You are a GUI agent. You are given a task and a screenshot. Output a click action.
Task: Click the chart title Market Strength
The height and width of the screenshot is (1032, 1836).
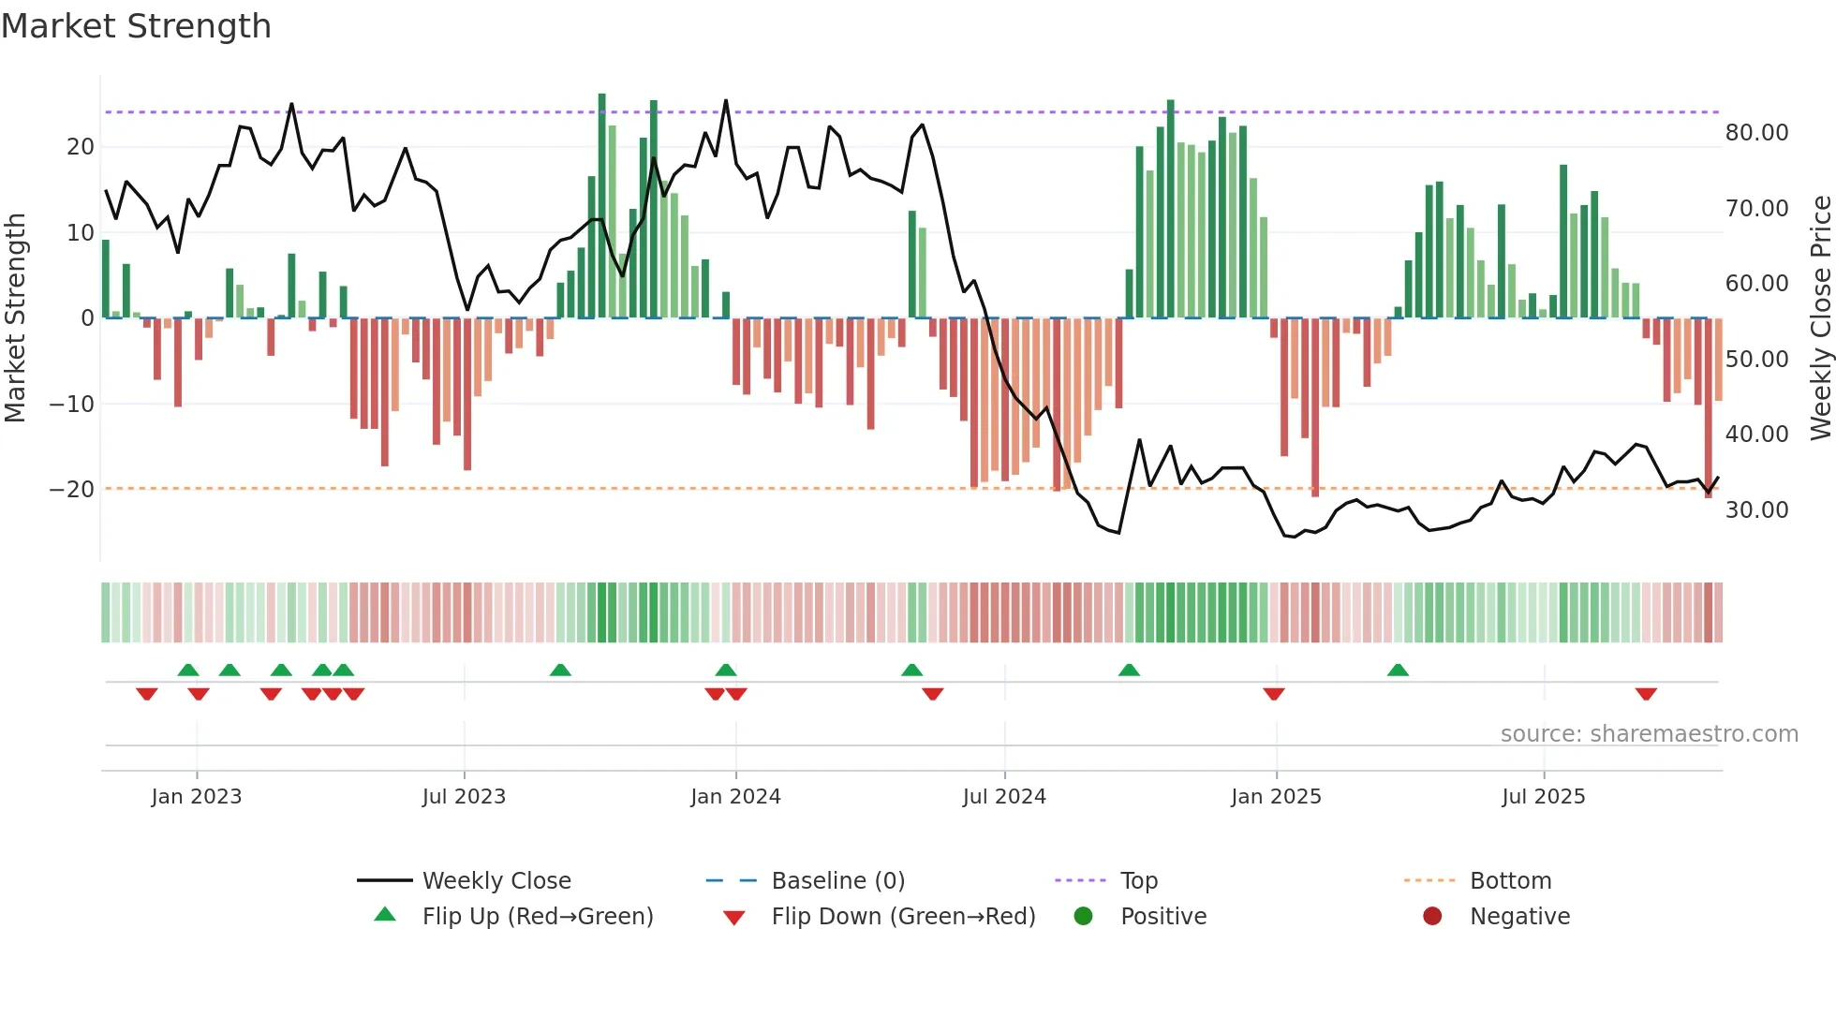[x=136, y=26]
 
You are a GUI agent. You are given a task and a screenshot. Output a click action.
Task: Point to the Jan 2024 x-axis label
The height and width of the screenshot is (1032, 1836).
[x=735, y=796]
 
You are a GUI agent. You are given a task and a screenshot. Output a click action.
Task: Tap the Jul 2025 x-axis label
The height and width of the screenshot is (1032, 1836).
[x=1543, y=796]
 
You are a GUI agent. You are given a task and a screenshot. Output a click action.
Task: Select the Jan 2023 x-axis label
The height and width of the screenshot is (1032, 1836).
[x=196, y=796]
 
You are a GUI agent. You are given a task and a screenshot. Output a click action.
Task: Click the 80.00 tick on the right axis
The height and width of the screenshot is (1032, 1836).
[x=1756, y=133]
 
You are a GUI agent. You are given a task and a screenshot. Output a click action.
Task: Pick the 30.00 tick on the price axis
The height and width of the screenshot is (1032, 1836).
[x=1756, y=510]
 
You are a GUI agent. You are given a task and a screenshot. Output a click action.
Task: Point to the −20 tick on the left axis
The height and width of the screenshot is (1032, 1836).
[x=72, y=490]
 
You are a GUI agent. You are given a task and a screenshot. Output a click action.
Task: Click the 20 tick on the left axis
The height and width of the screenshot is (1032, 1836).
[x=80, y=147]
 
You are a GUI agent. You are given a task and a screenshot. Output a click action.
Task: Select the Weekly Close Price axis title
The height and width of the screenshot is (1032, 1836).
[x=1820, y=318]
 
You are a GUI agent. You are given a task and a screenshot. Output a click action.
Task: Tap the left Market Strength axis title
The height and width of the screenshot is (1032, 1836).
[x=16, y=318]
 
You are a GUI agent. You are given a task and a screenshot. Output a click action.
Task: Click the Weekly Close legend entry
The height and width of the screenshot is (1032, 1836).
[x=496, y=880]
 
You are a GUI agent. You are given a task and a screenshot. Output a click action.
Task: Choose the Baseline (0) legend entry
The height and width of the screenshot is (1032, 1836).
[x=837, y=880]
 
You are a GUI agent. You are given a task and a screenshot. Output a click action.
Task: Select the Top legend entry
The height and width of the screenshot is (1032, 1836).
[x=1138, y=880]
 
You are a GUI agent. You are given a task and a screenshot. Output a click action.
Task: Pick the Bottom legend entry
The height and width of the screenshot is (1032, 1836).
[x=1510, y=880]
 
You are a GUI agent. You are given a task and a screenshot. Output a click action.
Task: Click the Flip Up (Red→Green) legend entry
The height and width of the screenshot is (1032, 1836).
[x=537, y=916]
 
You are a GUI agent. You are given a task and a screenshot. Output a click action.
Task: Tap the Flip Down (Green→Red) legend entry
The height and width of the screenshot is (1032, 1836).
[x=903, y=916]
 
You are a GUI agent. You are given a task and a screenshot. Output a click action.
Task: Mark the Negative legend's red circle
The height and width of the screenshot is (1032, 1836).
[x=1432, y=916]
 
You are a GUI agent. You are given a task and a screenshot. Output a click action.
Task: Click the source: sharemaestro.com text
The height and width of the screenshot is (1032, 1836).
[x=1649, y=733]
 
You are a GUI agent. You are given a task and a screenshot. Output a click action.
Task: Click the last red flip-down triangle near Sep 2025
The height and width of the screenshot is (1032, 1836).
[x=1646, y=694]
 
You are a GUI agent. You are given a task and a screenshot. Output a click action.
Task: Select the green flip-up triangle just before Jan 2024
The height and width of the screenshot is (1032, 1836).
[x=726, y=670]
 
